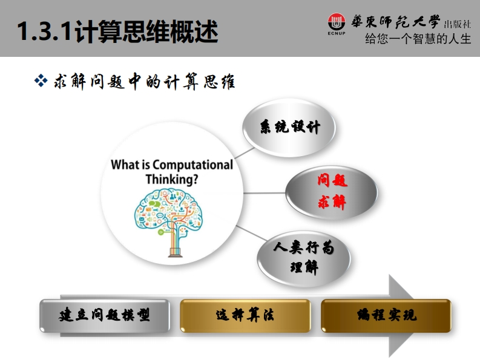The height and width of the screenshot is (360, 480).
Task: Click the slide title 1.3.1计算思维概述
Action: coord(117,31)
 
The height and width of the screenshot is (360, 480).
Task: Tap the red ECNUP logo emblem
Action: coord(337,22)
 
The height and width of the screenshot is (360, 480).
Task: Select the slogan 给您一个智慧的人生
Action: coord(418,39)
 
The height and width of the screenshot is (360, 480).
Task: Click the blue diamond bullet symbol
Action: coord(41,81)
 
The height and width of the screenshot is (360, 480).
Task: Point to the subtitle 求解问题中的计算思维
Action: coord(145,82)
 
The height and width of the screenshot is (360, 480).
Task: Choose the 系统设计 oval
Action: coord(289,127)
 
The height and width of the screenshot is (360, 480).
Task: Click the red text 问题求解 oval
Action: coord(332,192)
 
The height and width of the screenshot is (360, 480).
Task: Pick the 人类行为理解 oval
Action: coord(304,259)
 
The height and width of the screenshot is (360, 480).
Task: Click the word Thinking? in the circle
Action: coord(172,179)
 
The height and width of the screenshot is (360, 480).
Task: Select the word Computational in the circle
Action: coord(193,165)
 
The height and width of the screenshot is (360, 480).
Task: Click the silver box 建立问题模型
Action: coord(104,316)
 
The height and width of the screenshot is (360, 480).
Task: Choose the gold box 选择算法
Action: coord(245,316)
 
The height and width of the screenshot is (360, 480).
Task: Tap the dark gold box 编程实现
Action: coord(386,316)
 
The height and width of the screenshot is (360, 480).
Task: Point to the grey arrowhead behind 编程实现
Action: coord(401,315)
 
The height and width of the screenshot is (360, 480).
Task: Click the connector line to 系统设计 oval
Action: coord(245,153)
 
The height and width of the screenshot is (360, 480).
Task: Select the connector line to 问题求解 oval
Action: coord(264,193)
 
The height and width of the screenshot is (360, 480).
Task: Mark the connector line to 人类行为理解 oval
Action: coord(251,233)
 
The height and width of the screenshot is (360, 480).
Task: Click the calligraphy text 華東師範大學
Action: coord(395,22)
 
